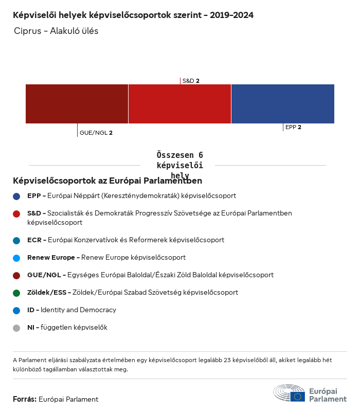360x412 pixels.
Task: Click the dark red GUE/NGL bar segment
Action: coord(77,104)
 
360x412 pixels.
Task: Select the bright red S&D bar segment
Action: coord(179,104)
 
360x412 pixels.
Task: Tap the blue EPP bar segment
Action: coord(282,104)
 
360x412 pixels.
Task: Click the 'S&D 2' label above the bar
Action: coord(191,81)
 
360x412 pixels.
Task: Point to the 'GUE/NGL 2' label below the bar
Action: coord(96,133)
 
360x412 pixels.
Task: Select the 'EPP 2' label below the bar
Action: coord(293,127)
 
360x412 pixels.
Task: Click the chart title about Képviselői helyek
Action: coord(133,15)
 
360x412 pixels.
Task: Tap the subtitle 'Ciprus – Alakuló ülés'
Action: coord(57,31)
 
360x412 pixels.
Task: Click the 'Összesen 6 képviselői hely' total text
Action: coord(179,165)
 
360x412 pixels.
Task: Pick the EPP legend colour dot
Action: coord(16,196)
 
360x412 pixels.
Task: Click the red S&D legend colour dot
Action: coord(16,213)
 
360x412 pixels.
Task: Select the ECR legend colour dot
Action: coord(16,240)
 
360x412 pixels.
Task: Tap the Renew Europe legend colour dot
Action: coord(16,258)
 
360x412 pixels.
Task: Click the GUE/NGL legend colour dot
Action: coord(16,275)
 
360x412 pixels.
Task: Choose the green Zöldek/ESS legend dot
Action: coord(16,293)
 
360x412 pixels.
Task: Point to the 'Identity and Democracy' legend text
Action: coord(78,310)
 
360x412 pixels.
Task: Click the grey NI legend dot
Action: coord(16,328)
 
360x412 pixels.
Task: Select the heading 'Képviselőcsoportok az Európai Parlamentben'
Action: coord(107,181)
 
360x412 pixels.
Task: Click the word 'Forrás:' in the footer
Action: coord(25,399)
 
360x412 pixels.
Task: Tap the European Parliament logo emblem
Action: coord(289,393)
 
